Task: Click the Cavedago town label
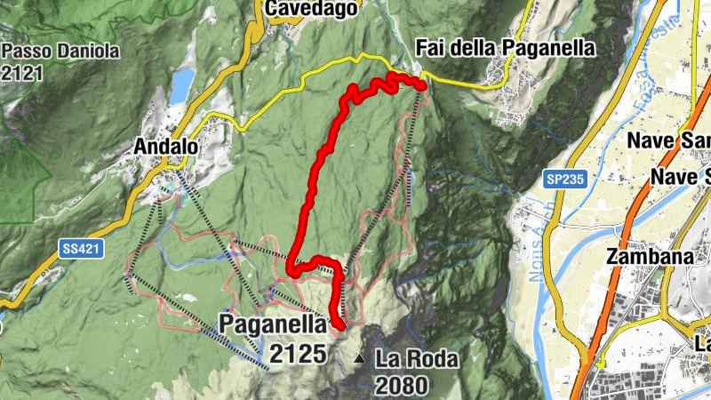[311, 8]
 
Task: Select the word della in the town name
[481, 48]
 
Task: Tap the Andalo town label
[165, 145]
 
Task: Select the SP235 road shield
[564, 180]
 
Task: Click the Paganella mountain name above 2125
[274, 324]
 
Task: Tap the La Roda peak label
[417, 360]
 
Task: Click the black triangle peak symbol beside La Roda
[359, 359]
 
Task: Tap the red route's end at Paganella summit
[341, 326]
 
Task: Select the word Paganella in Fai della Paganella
[549, 48]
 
